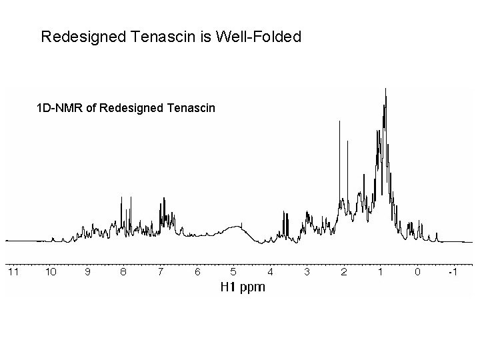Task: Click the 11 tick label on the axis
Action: click(13, 272)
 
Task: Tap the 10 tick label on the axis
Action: click(51, 272)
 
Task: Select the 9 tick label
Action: click(88, 272)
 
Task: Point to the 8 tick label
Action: click(123, 272)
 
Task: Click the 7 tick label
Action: click(160, 272)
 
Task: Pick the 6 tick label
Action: click(197, 272)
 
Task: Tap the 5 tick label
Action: click(233, 272)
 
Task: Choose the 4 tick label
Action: click(270, 272)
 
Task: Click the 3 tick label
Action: click(307, 272)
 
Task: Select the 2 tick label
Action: click(344, 272)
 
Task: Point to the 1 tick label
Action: click(380, 272)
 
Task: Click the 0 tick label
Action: click(417, 272)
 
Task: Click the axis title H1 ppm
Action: click(243, 287)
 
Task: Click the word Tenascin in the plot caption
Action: click(191, 107)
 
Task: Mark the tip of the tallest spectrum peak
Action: click(386, 89)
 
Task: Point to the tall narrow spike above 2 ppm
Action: click(340, 121)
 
